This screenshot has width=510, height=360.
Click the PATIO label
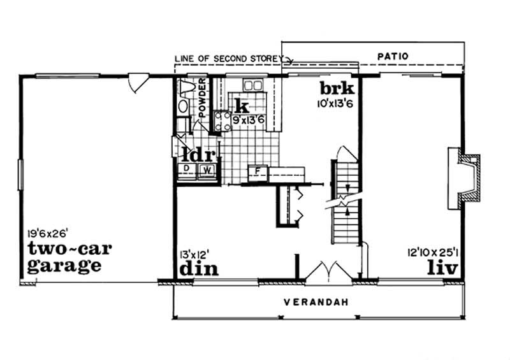pyautogui.click(x=393, y=56)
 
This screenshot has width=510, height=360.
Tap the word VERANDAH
pyautogui.click(x=316, y=303)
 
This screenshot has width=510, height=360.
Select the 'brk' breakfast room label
pyautogui.click(x=337, y=89)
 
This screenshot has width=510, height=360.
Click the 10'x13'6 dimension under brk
pyautogui.click(x=335, y=104)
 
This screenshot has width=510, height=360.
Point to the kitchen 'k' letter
pyautogui.click(x=242, y=106)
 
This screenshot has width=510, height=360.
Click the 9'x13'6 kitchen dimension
pyautogui.click(x=249, y=120)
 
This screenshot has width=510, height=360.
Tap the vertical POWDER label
pyautogui.click(x=202, y=98)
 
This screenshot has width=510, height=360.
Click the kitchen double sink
pyautogui.click(x=252, y=86)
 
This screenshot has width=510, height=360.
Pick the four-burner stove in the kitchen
pyautogui.click(x=222, y=121)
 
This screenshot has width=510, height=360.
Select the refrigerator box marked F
pyautogui.click(x=258, y=173)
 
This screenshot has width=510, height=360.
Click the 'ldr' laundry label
pyautogui.click(x=198, y=155)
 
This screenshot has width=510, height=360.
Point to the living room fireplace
pyautogui.click(x=464, y=178)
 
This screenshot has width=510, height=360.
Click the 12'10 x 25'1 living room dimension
pyautogui.click(x=433, y=252)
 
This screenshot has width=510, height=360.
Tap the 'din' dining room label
pyautogui.click(x=199, y=269)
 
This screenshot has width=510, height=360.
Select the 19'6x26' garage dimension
pyautogui.click(x=47, y=233)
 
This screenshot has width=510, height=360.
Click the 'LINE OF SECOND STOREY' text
pyautogui.click(x=229, y=59)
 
